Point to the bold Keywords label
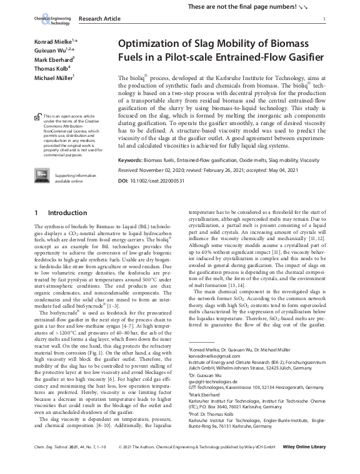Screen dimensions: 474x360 (130, 160)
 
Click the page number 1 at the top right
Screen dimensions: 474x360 (324, 20)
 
